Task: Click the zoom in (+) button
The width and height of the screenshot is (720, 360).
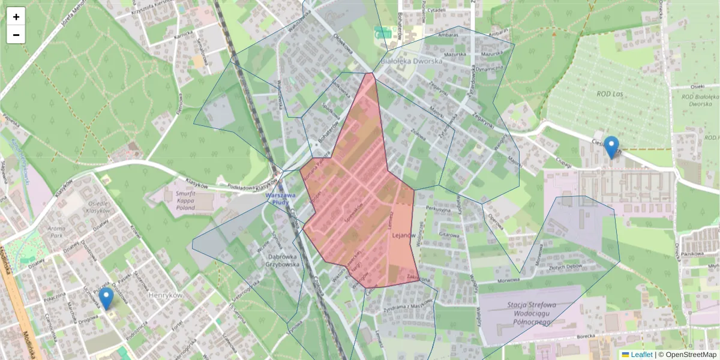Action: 16,17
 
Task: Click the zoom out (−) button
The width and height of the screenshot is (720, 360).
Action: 16,35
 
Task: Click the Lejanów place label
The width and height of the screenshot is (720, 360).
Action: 404,236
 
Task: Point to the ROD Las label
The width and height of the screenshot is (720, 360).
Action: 611,94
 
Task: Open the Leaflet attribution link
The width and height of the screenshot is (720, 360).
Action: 641,355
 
